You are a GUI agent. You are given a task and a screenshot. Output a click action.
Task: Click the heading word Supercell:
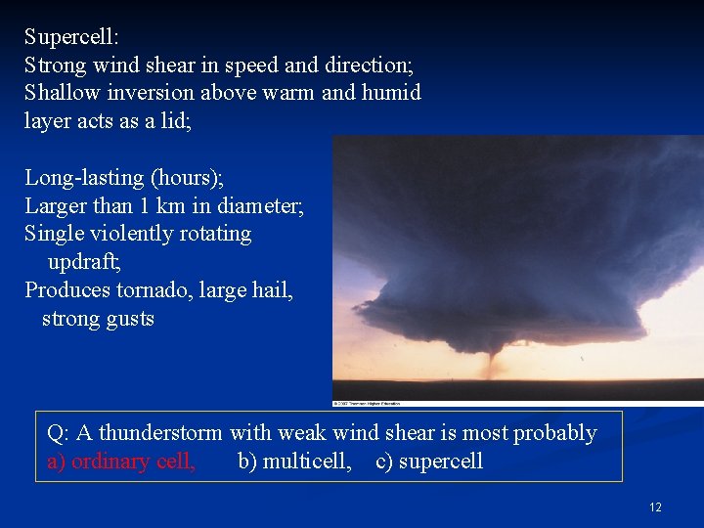point(71,38)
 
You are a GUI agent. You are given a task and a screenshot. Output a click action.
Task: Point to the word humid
point(390,93)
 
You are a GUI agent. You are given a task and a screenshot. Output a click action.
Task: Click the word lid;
point(175,121)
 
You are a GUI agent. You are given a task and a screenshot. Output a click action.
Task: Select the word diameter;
point(257,206)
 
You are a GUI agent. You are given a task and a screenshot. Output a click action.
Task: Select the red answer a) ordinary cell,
point(121,462)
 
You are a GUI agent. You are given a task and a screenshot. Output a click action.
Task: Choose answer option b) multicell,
point(294,462)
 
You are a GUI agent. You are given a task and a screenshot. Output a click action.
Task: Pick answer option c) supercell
point(429,462)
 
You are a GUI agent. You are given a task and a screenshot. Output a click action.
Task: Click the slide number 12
point(655,507)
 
